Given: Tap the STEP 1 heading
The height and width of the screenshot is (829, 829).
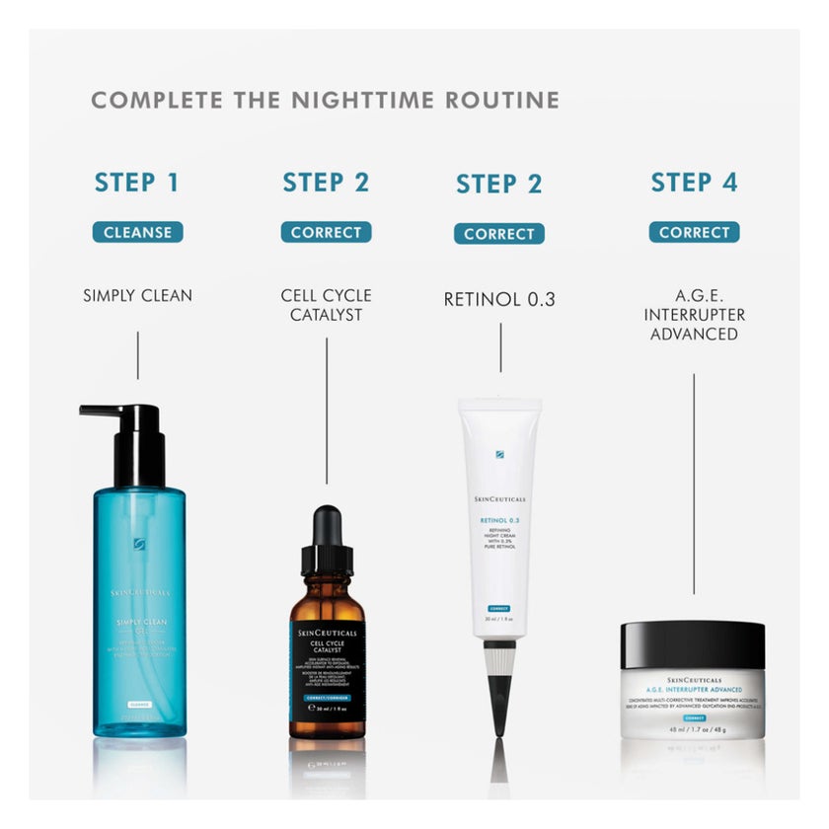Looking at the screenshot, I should pyautogui.click(x=137, y=183).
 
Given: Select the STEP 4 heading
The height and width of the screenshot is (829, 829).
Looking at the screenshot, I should pyautogui.click(x=694, y=183).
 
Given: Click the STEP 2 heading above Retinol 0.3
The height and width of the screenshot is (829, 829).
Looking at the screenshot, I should pyautogui.click(x=499, y=185).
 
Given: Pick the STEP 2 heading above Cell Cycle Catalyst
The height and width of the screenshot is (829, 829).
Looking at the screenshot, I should pyautogui.click(x=326, y=183).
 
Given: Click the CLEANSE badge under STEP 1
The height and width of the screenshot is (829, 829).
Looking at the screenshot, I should pyautogui.click(x=138, y=233).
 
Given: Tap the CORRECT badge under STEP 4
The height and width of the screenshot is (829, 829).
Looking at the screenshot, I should pyautogui.click(x=694, y=233).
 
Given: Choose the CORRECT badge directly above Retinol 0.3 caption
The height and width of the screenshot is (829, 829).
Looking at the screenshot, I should pyautogui.click(x=499, y=235).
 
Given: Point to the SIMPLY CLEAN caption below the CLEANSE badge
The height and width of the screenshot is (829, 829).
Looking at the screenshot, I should pyautogui.click(x=138, y=295).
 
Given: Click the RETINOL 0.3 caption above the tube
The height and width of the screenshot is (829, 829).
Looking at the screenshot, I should pyautogui.click(x=499, y=299).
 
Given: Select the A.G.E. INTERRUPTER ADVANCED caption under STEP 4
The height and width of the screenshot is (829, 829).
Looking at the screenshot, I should pyautogui.click(x=694, y=315).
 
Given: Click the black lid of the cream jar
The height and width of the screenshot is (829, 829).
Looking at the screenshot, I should pyautogui.click(x=693, y=642).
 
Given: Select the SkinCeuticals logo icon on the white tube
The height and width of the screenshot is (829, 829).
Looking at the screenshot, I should pyautogui.click(x=499, y=455).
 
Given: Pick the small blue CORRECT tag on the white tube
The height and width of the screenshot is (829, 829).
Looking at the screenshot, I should pyautogui.click(x=499, y=608).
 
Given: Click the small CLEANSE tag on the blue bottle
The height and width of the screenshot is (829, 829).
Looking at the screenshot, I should pyautogui.click(x=140, y=703).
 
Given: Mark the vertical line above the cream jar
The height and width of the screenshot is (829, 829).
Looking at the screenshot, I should pyautogui.click(x=694, y=484).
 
